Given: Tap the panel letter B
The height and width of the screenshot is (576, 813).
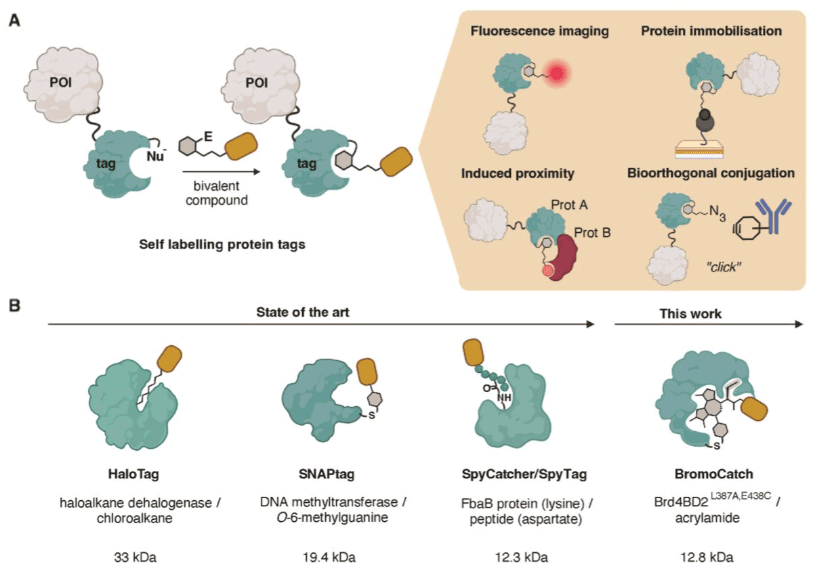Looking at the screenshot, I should tap(14, 306).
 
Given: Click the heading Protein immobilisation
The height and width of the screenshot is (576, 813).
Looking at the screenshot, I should tap(712, 32).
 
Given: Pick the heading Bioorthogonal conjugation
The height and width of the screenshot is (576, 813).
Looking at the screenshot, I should tap(711, 174).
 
